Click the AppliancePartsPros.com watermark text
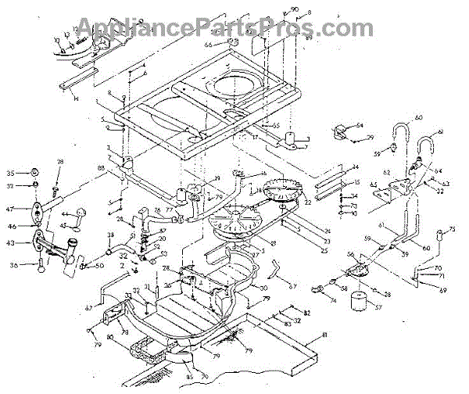pyautogui.click(x=234, y=29)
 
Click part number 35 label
pyautogui.click(x=10, y=172)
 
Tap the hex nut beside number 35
pyautogui.click(x=34, y=172)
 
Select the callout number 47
pyautogui.click(x=11, y=210)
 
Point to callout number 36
pyautogui.click(x=11, y=266)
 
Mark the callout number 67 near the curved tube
pyautogui.click(x=292, y=286)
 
